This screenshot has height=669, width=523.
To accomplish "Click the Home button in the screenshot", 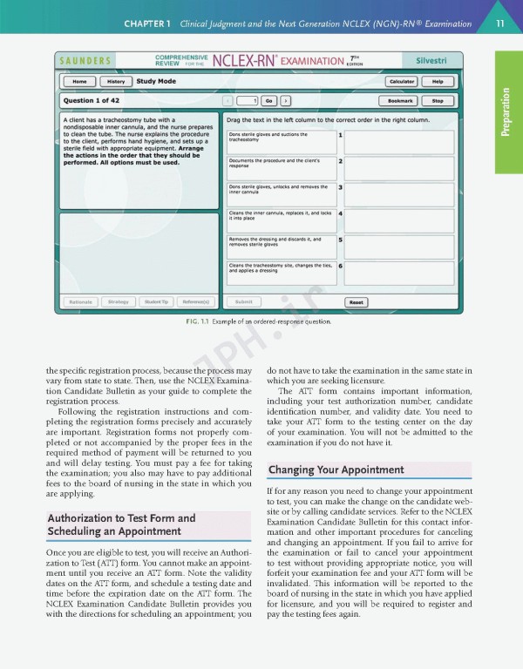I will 79,81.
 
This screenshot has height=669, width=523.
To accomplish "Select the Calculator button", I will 401,81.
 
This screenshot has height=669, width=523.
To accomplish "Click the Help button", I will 438,81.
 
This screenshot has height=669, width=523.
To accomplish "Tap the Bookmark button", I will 401,100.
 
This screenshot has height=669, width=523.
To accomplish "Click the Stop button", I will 438,100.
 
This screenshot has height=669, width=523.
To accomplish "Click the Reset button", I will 356,302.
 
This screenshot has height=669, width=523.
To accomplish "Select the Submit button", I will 244,302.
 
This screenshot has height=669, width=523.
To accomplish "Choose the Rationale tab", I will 79,302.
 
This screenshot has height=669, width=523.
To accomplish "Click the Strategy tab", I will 118,302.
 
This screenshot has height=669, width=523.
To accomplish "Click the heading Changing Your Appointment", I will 336,470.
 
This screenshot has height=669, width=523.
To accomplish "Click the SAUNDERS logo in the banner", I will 85,61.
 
